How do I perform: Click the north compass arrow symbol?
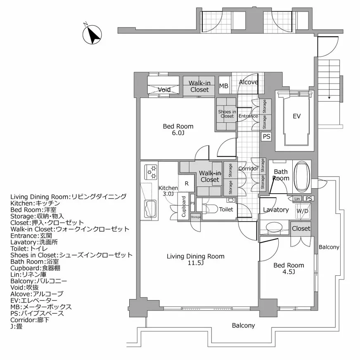coord(94,35)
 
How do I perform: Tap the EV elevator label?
coord(296,116)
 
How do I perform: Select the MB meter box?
coord(223,86)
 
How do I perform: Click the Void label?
coord(164,90)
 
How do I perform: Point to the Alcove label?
coord(249,82)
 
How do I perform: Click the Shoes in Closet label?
coord(227,114)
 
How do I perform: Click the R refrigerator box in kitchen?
coord(187,183)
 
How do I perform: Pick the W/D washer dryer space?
coord(302,211)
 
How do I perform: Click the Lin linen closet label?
coord(297,199)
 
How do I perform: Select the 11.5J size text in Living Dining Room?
coord(195,263)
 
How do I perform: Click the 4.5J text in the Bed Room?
coord(289,272)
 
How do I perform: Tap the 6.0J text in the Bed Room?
coord(178,133)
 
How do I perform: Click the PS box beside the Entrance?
coord(266,137)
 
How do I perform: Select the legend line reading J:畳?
coord(19,327)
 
